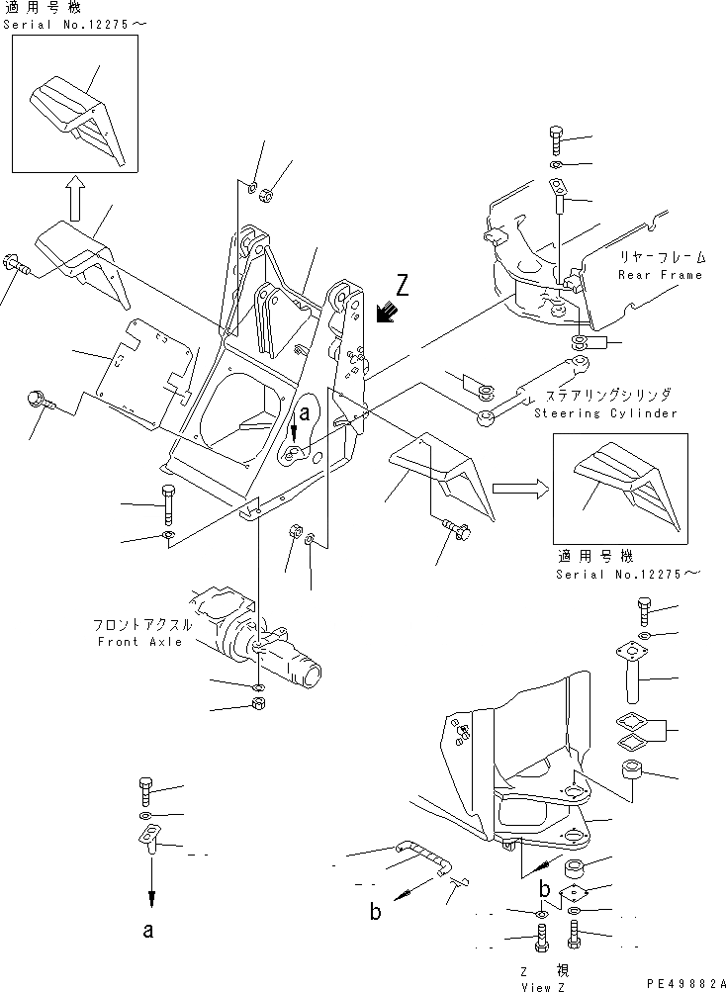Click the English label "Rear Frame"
[661, 275]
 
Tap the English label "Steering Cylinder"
[605, 412]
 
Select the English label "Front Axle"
[139, 642]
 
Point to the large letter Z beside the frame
[403, 287]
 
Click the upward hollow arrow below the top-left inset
[74, 201]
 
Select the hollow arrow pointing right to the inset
[516, 487]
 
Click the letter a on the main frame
[306, 415]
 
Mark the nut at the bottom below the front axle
[255, 705]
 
